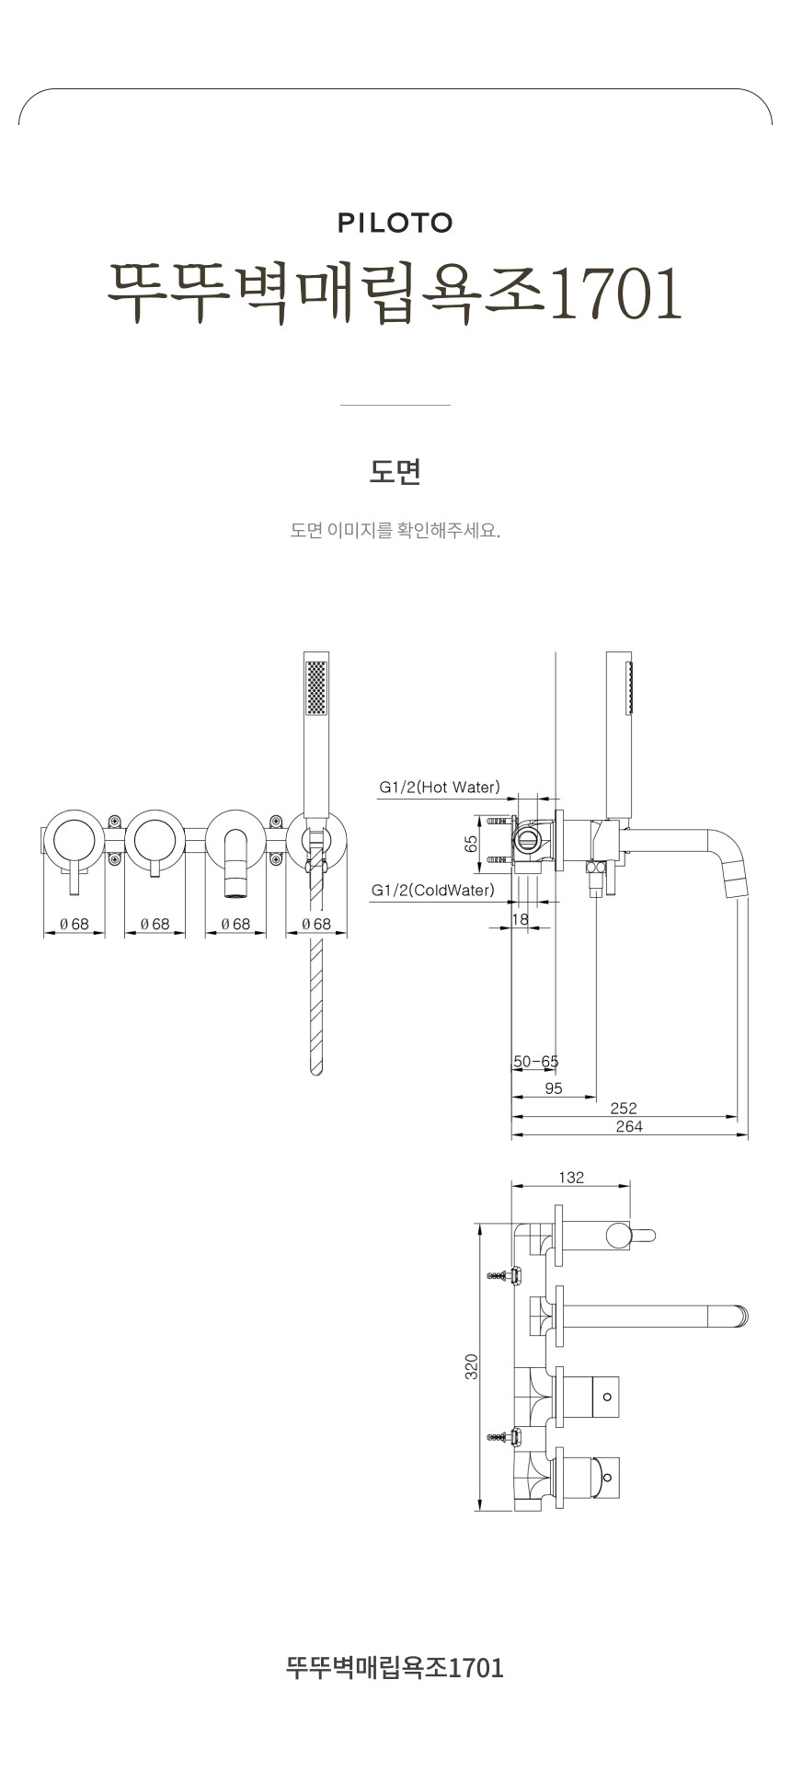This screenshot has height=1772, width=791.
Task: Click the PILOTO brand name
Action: pos(395,223)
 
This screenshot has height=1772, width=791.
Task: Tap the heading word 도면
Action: pos(395,472)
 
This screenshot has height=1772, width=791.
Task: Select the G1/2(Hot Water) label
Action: pos(440,788)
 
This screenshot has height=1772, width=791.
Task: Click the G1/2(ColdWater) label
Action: pos(432,890)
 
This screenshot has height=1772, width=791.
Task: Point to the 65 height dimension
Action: pos(471,843)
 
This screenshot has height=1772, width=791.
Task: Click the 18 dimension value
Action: pos(520,918)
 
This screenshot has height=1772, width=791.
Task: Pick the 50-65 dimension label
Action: pos(535,1062)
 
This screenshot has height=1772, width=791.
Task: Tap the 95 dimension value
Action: pos(554,1088)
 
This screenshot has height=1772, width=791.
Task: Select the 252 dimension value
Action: pos(624,1109)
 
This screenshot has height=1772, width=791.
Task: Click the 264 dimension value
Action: pos(629,1127)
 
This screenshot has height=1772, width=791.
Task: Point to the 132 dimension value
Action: pos(571,1178)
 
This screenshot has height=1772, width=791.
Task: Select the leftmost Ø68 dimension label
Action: pos(75,924)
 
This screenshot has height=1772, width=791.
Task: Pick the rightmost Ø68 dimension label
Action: pos(315,924)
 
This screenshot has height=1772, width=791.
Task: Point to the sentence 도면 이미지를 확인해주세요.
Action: pos(395,531)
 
